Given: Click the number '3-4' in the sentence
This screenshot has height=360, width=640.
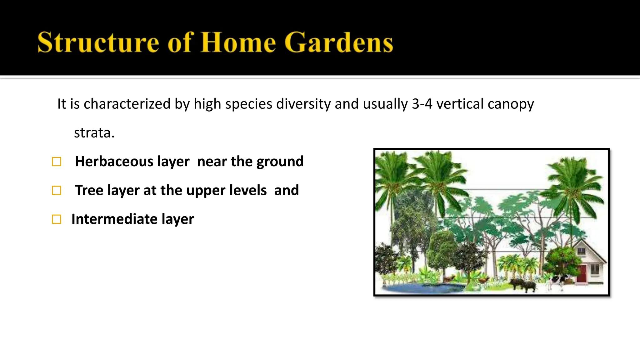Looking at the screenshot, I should tap(422, 104).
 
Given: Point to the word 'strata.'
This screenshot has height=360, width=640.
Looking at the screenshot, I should tap(94, 133).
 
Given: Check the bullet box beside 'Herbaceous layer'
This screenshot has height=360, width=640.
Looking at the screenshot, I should tap(57, 162).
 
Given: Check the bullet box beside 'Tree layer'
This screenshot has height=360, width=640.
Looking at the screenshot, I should tap(57, 191).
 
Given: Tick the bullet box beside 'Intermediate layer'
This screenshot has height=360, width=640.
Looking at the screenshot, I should tap(57, 219).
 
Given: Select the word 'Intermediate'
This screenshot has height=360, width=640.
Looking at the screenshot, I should tap(114, 219).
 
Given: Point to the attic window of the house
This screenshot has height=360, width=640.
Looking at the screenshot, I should tap(581, 251).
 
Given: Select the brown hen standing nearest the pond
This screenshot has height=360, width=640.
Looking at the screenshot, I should tap(449, 278).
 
